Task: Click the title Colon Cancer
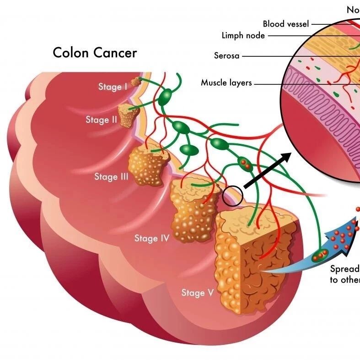pyautogui.click(x=95, y=53)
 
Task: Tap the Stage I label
pyautogui.click(x=113, y=86)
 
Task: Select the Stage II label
pyautogui.click(x=101, y=120)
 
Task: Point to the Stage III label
pyautogui.click(x=111, y=176)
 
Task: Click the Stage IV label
pyautogui.click(x=152, y=238)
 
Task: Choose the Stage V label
pyautogui.click(x=198, y=292)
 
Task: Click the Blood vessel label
pyautogui.click(x=286, y=24)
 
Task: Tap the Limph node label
pyautogui.click(x=243, y=35)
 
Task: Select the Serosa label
pyautogui.click(x=227, y=56)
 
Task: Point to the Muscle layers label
pyautogui.click(x=226, y=83)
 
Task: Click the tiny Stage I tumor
pyautogui.click(x=136, y=82)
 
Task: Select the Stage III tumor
pyautogui.click(x=147, y=166)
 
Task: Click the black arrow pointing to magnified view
pyautogui.click(x=268, y=170)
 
